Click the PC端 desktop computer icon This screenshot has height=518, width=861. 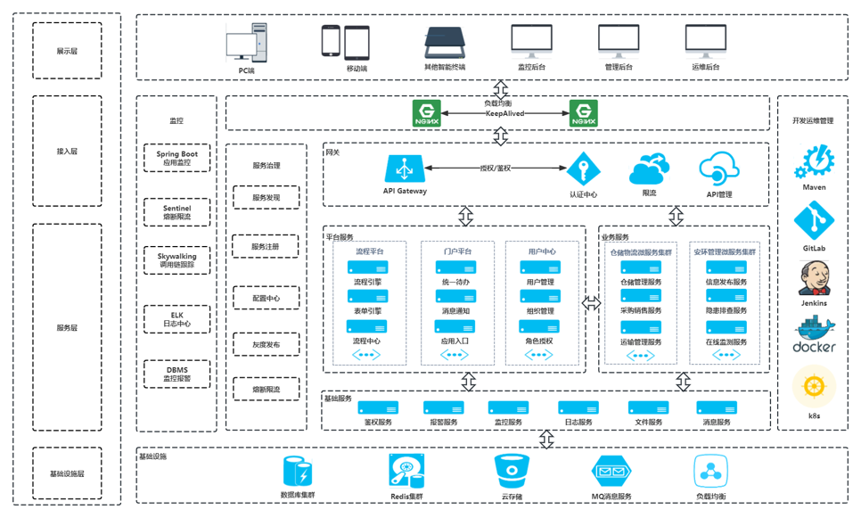[x=245, y=45]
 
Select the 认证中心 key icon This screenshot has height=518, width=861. [x=583, y=169]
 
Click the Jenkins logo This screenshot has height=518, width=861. [x=813, y=279]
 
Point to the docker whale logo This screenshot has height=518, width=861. [x=813, y=335]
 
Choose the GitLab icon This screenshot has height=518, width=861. [x=813, y=220]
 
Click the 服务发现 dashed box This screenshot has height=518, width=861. [x=266, y=198]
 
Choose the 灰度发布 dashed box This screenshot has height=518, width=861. [x=266, y=345]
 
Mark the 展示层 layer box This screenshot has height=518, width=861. [x=67, y=51]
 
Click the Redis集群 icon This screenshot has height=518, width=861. [x=406, y=471]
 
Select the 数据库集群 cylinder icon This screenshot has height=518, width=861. [x=298, y=471]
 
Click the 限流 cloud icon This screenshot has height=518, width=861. [x=648, y=169]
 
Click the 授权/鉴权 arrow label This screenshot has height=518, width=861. [x=496, y=168]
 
